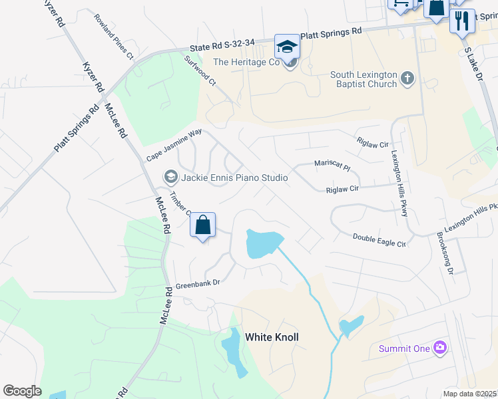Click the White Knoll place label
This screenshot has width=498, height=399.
click(x=272, y=337)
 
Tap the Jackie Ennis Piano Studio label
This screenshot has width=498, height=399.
click(x=234, y=178)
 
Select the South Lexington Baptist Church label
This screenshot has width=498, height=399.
click(x=364, y=80)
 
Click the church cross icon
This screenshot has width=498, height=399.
click(x=407, y=80)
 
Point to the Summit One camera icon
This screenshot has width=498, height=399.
click(x=439, y=347)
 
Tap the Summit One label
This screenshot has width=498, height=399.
click(x=404, y=348)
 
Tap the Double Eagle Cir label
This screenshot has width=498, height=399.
click(x=379, y=239)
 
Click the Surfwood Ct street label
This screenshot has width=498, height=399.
click(x=200, y=70)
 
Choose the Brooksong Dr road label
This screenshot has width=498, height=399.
click(x=445, y=253)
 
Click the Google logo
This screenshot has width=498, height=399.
click(x=22, y=391)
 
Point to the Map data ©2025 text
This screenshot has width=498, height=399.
click(x=470, y=394)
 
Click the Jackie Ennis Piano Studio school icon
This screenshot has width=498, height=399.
click(x=170, y=177)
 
